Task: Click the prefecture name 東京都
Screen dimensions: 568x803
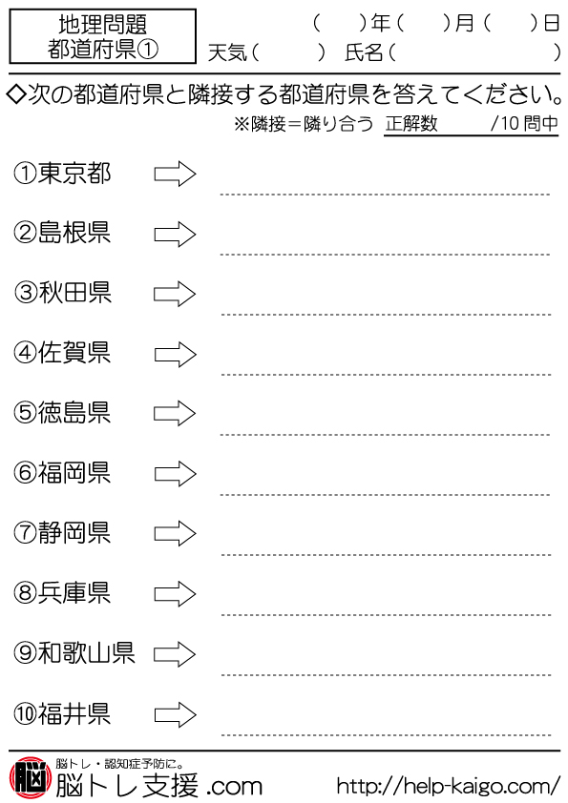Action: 74,174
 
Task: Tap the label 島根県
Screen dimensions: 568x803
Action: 74,233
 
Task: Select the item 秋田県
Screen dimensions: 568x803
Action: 74,293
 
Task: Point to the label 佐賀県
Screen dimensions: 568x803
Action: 74,353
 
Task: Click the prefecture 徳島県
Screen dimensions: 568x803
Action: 74,413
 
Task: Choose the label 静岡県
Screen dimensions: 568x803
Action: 74,532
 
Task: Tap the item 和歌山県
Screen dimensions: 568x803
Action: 86,653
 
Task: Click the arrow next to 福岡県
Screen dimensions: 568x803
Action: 176,474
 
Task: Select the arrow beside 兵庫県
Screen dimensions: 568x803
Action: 176,594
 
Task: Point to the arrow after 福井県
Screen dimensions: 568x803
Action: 176,714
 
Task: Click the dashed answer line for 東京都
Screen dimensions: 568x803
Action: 385,195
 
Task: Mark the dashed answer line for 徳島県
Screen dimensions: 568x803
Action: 385,435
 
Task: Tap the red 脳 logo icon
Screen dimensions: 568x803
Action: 31,778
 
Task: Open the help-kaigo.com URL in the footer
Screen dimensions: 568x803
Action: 449,786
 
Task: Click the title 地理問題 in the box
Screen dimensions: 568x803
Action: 102,24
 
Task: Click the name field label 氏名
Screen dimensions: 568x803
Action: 364,52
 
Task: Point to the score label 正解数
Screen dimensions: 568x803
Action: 411,123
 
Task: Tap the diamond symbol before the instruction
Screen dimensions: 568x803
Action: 16,94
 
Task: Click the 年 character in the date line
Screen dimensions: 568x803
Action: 381,23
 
